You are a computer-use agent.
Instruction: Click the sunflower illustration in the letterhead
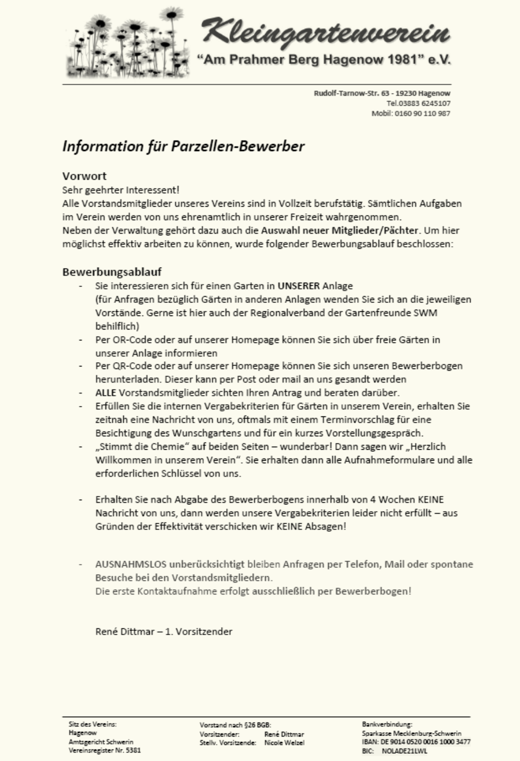pyautogui.click(x=127, y=44)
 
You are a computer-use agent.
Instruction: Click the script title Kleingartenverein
pyautogui.click(x=326, y=31)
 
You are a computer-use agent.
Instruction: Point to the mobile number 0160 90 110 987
pyautogui.click(x=422, y=113)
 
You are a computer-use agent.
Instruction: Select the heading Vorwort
pyautogui.click(x=84, y=176)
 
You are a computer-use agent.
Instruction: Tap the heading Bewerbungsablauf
pyautogui.click(x=112, y=272)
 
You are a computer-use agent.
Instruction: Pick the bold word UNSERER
pyautogui.click(x=298, y=286)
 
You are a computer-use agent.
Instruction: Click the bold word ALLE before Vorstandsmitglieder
pyautogui.click(x=106, y=392)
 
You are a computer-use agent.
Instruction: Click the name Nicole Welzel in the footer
pyautogui.click(x=284, y=743)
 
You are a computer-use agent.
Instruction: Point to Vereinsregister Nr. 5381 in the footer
pyautogui.click(x=105, y=751)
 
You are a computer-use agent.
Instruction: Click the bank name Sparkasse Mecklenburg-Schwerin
pyautogui.click(x=411, y=733)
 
